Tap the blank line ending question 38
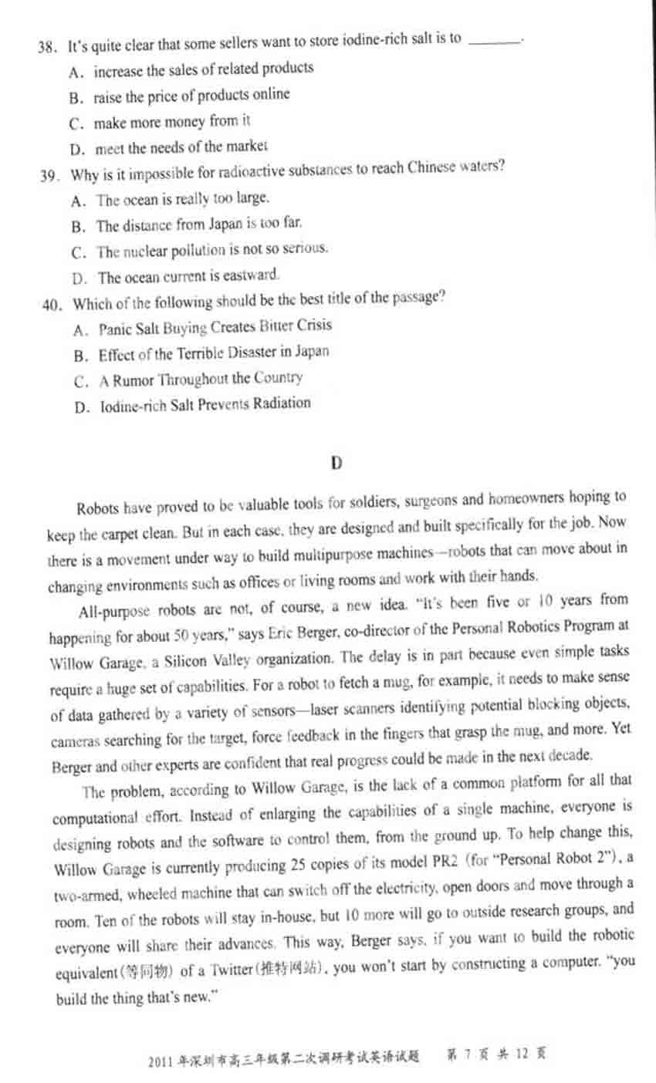tap(495, 39)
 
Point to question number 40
tap(51, 305)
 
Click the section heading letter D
tap(336, 463)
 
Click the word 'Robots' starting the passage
tap(97, 508)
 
